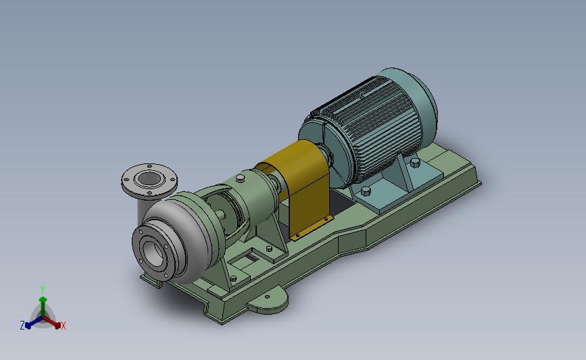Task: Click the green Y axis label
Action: (42, 288)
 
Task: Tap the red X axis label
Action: (64, 326)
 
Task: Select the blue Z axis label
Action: (22, 325)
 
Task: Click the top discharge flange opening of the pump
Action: (149, 179)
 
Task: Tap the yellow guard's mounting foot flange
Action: (312, 227)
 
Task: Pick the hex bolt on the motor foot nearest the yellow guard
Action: (366, 191)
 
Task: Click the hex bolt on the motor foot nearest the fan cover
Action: (414, 163)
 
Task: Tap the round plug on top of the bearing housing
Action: (240, 178)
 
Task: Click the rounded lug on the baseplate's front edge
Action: (268, 305)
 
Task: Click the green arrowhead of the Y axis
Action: (42, 299)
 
